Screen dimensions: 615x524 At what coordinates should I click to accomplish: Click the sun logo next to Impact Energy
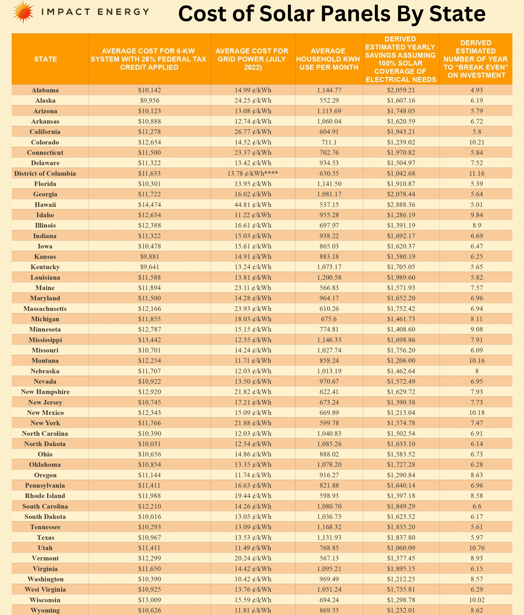pyautogui.click(x=23, y=12)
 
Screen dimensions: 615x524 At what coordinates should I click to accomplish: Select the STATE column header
pyautogui.click(x=45, y=59)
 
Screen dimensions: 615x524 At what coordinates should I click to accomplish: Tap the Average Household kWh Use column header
pyautogui.click(x=329, y=59)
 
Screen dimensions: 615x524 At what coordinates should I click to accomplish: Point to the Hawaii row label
pyautogui.click(x=45, y=205)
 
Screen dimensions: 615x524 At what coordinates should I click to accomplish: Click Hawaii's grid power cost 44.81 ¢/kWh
pyautogui.click(x=253, y=205)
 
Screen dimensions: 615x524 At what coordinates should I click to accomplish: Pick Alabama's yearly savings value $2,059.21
pyautogui.click(x=401, y=90)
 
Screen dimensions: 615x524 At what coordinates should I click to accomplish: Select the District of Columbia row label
pyautogui.click(x=45, y=173)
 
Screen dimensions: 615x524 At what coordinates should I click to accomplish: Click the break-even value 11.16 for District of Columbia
pyautogui.click(x=477, y=173)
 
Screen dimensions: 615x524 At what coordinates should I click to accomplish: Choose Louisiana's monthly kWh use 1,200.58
pyautogui.click(x=329, y=277)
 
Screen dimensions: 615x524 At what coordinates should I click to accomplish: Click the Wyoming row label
pyautogui.click(x=45, y=610)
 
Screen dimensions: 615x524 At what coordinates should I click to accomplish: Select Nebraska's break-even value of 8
pyautogui.click(x=477, y=371)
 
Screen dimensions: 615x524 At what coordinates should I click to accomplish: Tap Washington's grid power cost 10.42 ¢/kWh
pyautogui.click(x=253, y=579)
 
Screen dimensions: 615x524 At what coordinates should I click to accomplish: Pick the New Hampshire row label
pyautogui.click(x=45, y=392)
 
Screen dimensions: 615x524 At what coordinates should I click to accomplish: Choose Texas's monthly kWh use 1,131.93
pyautogui.click(x=329, y=538)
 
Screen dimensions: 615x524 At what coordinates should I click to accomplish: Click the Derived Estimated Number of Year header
pyautogui.click(x=476, y=59)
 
